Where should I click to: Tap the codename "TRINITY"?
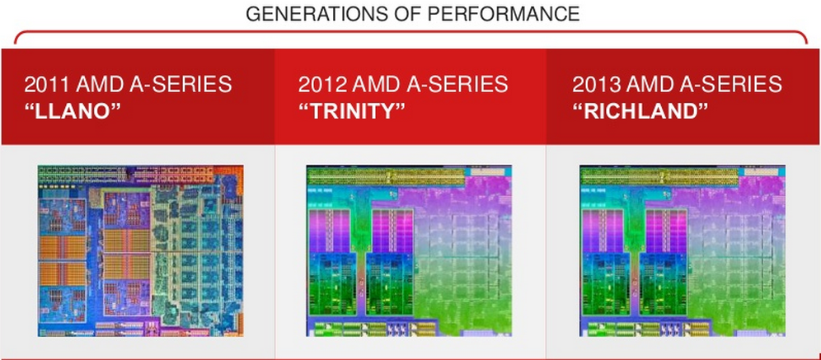(352, 111)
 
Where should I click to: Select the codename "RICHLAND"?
(640, 111)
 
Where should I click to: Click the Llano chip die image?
(140, 250)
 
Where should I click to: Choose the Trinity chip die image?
(409, 250)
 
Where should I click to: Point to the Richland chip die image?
(683, 250)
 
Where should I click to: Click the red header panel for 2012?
(410, 96)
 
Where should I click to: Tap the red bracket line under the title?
(410, 32)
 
